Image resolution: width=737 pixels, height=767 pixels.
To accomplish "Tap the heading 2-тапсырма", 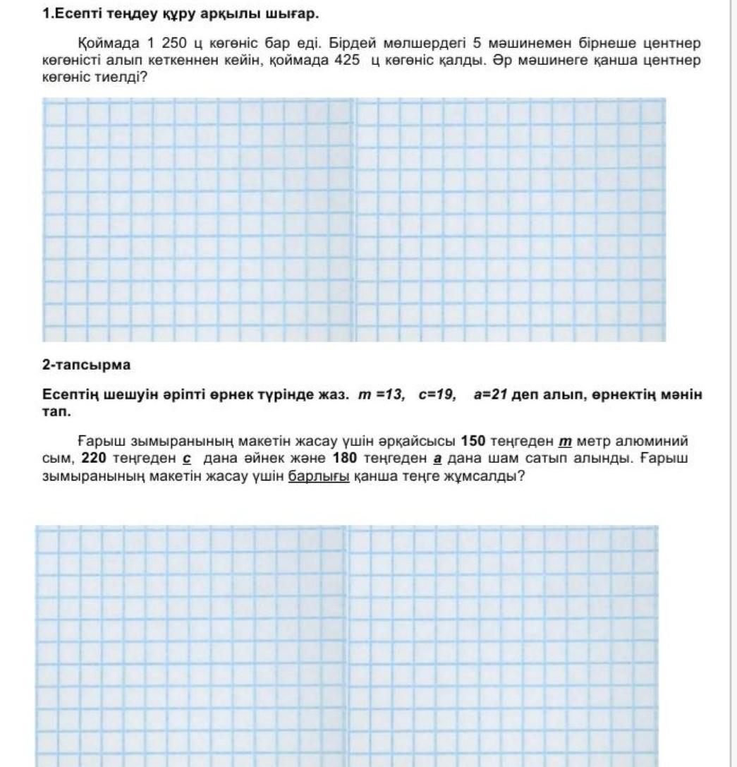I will pyautogui.click(x=86, y=365).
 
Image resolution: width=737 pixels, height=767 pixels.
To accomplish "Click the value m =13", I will pyautogui.click(x=382, y=395).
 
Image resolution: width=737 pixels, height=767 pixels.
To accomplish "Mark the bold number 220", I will pyautogui.click(x=94, y=458).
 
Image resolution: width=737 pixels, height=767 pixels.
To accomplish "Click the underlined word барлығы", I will pyautogui.click(x=319, y=475).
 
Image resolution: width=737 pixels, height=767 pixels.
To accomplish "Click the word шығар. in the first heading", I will pyautogui.click(x=293, y=13).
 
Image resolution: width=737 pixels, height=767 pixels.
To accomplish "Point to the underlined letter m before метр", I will pyautogui.click(x=564, y=442).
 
